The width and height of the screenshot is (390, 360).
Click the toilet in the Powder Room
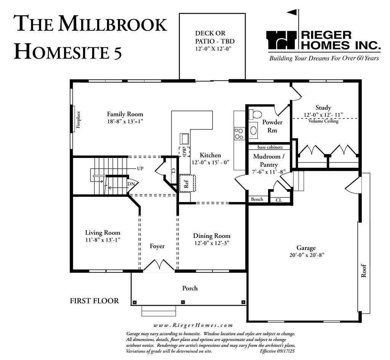[255, 115]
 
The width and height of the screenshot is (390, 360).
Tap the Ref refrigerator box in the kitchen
[187, 183]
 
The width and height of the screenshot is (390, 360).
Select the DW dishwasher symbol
[184, 152]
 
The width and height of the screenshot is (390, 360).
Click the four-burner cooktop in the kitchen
[239, 134]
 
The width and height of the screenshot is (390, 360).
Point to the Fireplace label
[78, 119]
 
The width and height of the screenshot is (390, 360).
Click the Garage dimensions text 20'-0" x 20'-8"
[307, 255]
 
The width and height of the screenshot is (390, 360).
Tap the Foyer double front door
[159, 264]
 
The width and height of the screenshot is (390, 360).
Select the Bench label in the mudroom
[257, 199]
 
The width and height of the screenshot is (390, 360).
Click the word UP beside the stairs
[140, 169]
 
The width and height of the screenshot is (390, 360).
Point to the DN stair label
[131, 184]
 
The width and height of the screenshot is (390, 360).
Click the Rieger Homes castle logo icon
[282, 40]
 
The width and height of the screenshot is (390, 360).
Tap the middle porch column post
[183, 302]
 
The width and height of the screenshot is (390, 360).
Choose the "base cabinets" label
[270, 147]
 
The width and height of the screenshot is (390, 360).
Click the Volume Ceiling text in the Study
[323, 121]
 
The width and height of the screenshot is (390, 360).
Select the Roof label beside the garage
[364, 271]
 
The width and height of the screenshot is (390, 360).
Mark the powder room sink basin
[253, 130]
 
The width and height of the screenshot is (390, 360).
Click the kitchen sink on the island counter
[185, 139]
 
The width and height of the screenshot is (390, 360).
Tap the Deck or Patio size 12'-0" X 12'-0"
[213, 49]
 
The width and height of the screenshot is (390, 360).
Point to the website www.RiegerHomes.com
[193, 325]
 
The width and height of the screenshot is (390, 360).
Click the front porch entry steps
[159, 311]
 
